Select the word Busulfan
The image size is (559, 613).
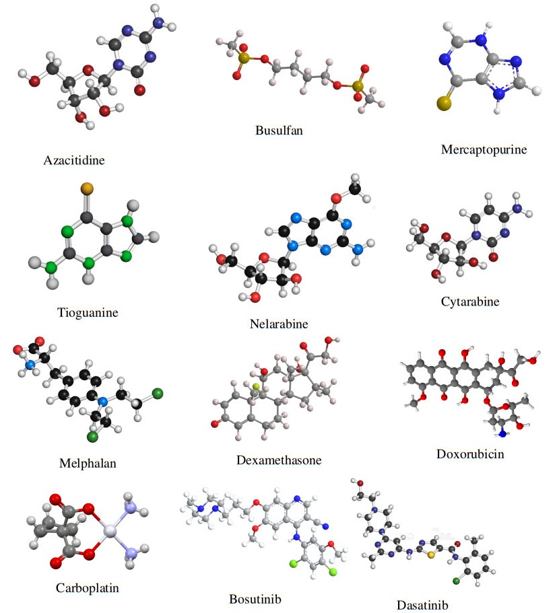tap(279, 130)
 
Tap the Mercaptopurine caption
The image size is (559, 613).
tap(484, 149)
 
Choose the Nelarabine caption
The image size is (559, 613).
tap(278, 324)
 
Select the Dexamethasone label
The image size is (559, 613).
tap(279, 460)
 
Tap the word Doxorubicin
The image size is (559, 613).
tap(470, 454)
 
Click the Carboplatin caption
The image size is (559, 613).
tap(88, 587)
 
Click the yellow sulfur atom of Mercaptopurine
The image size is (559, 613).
tap(443, 104)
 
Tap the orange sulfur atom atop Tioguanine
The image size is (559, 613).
tap(86, 187)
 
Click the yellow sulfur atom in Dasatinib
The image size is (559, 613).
tap(430, 556)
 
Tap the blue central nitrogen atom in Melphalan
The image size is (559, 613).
tap(102, 402)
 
